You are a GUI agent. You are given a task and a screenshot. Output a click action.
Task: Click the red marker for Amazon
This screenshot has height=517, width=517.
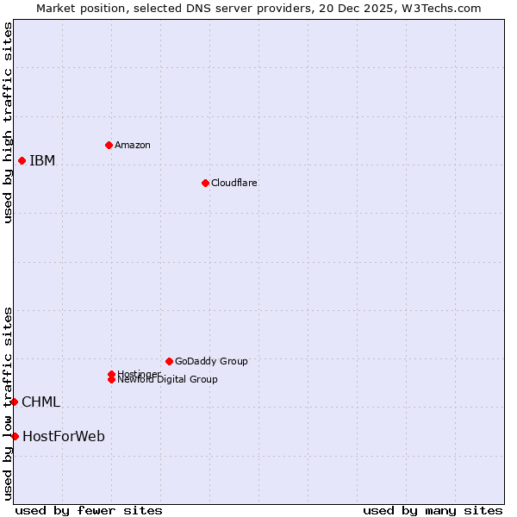[x=109, y=145]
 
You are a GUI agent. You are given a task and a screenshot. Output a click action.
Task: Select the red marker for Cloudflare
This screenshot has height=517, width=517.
[x=205, y=183]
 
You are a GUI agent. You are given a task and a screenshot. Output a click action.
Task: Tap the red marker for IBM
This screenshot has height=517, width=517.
[x=22, y=160]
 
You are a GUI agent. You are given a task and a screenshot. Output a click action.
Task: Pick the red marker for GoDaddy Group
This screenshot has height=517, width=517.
[x=169, y=361]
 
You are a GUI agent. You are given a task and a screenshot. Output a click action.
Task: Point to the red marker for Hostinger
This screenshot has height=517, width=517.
[x=111, y=374]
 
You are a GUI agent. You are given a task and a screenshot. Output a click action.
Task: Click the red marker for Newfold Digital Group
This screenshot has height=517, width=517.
[x=111, y=379]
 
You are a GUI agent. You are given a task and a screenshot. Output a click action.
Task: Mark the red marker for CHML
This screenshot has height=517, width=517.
[x=14, y=402]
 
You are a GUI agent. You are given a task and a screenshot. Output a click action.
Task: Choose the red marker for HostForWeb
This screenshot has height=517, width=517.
[x=15, y=436]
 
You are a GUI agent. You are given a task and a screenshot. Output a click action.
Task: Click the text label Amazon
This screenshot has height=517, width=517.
[x=133, y=145]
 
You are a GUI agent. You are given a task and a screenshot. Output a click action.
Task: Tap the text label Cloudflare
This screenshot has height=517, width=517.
[x=234, y=183]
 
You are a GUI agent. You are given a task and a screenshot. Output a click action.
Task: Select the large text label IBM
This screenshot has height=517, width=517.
[x=42, y=161]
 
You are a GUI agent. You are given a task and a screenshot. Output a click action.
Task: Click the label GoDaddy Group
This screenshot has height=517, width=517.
[x=211, y=361]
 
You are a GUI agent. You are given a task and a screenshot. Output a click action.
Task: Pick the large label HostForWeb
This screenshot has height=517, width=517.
[x=64, y=437]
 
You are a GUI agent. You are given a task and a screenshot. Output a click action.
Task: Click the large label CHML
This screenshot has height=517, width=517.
[x=40, y=402]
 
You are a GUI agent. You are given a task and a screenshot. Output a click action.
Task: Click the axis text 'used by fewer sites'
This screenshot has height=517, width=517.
[x=89, y=510]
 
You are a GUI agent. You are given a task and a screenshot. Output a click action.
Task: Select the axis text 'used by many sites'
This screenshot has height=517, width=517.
[x=433, y=510]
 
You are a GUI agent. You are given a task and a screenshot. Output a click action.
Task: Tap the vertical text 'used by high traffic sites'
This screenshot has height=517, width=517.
[x=8, y=122]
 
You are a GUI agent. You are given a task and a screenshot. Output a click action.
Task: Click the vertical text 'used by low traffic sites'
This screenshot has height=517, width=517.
[x=8, y=402]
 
